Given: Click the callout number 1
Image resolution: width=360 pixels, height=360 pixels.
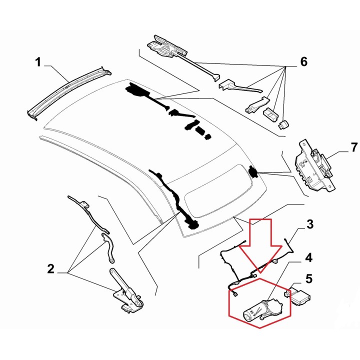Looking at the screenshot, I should coord(37,62).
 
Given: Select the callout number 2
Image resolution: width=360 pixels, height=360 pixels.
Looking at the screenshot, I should coord(50,269).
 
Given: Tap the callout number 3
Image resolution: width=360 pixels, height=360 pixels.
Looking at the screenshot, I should coord(310,224).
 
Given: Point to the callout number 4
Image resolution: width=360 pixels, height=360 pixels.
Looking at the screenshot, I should coord(308,257).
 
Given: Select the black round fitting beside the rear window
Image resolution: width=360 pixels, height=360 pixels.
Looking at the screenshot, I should coord(253,171).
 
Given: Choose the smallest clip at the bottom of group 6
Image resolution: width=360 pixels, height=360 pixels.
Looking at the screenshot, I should coord(284,123).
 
